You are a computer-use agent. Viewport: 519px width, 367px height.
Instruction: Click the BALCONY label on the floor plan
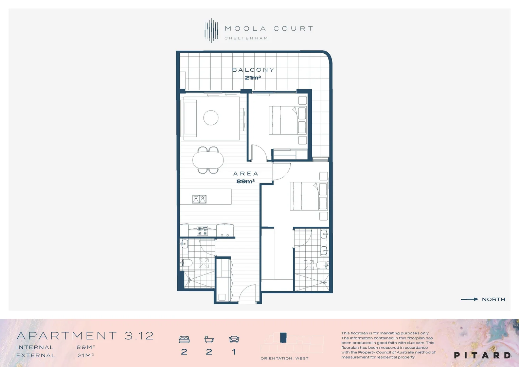pos(253,70)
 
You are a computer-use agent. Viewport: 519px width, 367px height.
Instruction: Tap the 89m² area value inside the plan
pos(246,181)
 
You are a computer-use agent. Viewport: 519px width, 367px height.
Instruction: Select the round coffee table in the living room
pos(211,118)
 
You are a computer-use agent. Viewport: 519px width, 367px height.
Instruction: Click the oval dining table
pos(208,160)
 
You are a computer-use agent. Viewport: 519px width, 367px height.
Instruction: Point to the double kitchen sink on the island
pos(199,199)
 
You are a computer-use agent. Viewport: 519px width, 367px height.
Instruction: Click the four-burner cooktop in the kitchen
pos(202,231)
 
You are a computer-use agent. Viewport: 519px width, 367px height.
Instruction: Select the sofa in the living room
pos(190,118)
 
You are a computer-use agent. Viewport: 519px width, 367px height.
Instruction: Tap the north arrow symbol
pos(469,299)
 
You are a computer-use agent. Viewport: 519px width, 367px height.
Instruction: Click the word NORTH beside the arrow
pos(494,299)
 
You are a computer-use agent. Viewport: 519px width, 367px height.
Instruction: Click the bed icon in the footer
pos(184,339)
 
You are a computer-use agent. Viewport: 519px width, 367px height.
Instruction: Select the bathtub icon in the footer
pos(209,339)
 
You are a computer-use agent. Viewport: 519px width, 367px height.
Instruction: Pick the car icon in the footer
pos(234,339)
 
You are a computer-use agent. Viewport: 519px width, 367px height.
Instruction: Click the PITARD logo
pos(482,355)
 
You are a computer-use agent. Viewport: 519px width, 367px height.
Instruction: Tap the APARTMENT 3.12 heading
pos(85,336)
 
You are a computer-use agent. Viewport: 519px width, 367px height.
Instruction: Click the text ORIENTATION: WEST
pos(284,358)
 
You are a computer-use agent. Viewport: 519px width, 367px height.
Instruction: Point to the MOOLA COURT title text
pos(269,29)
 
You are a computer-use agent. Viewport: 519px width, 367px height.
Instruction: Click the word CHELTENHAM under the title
pos(246,38)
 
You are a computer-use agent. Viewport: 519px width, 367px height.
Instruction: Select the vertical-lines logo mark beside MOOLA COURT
pos(211,31)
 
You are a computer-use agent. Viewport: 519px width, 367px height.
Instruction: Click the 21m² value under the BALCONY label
pos(253,77)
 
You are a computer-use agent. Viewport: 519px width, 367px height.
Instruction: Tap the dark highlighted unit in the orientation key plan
pos(283,337)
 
